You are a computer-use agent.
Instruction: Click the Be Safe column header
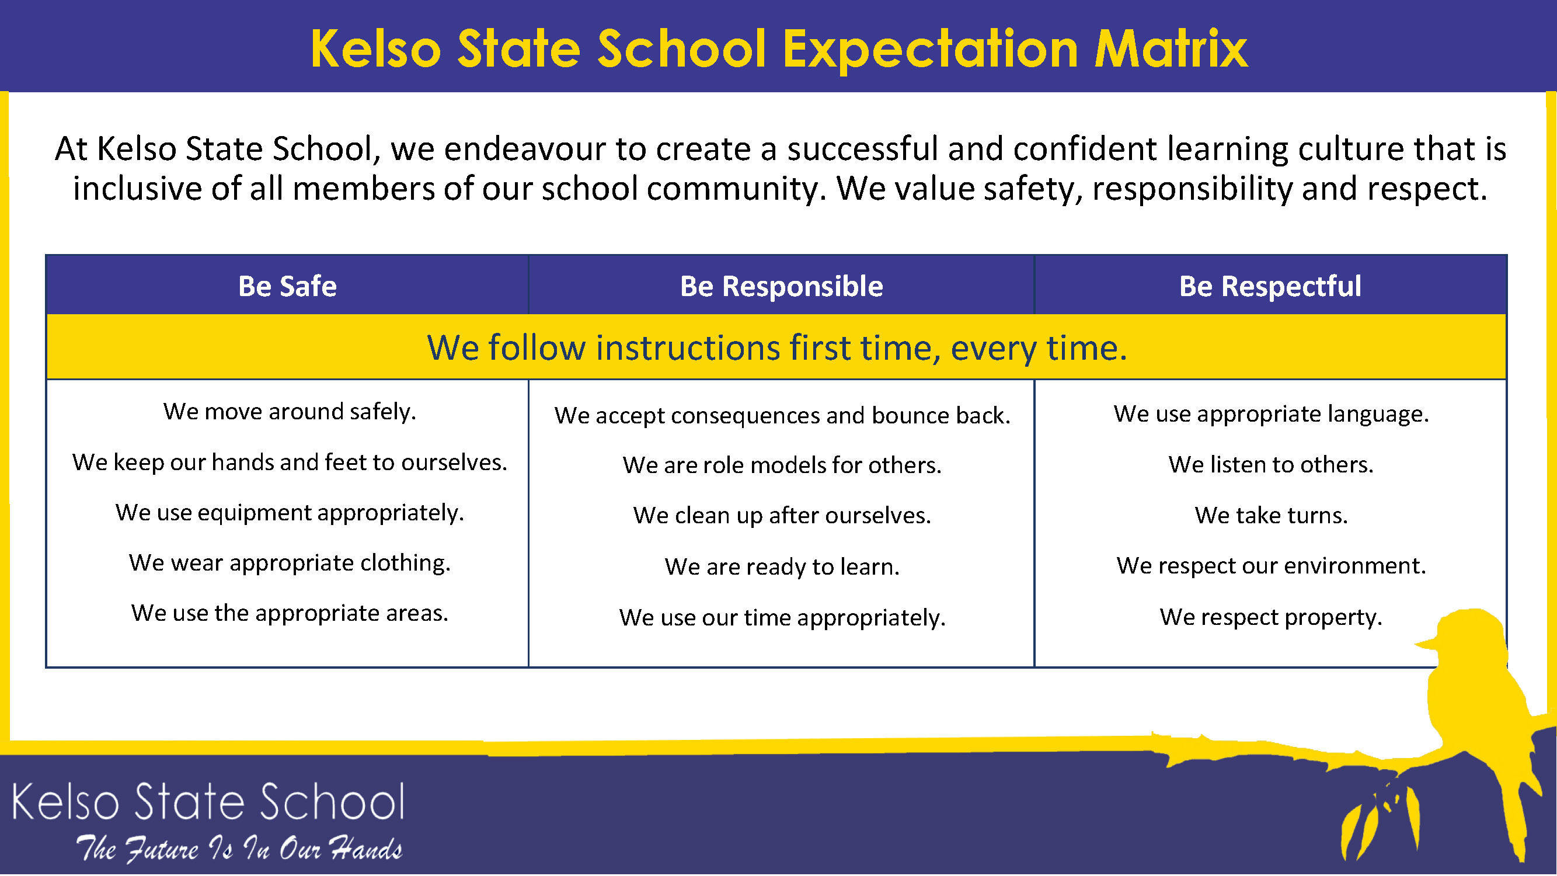tap(287, 286)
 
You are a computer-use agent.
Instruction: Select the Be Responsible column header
tap(782, 287)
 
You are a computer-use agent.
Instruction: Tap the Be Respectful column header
tap(1270, 287)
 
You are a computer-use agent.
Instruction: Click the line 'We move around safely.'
tap(290, 412)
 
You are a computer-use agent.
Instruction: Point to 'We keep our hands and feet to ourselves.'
tap(290, 463)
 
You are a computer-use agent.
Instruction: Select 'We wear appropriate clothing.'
tap(290, 564)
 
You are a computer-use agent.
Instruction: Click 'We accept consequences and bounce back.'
tap(782, 416)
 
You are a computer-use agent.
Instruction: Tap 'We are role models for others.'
tap(782, 465)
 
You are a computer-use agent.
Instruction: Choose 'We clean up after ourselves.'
tap(782, 516)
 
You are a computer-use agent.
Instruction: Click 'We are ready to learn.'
tap(782, 567)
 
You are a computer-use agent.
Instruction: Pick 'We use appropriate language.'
tap(1271, 415)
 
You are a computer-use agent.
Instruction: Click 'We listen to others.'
tap(1271, 465)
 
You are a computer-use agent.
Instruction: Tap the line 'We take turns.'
tap(1271, 516)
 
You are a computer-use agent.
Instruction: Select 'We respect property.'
tap(1271, 617)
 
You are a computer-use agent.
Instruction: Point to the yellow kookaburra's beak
tap(1427, 643)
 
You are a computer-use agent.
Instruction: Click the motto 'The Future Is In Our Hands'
tap(239, 849)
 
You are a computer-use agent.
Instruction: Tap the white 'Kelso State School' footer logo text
tap(208, 802)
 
